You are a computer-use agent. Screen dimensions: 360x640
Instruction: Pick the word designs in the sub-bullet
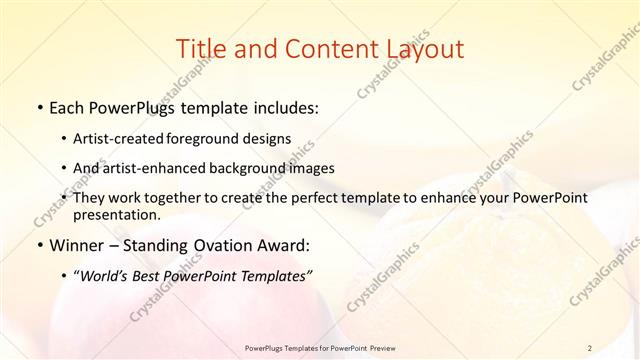point(270,139)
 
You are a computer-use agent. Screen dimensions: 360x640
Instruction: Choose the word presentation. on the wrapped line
point(117,214)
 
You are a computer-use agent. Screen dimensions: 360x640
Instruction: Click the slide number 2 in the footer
point(590,347)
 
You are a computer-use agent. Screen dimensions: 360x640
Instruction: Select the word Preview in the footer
point(380,347)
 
